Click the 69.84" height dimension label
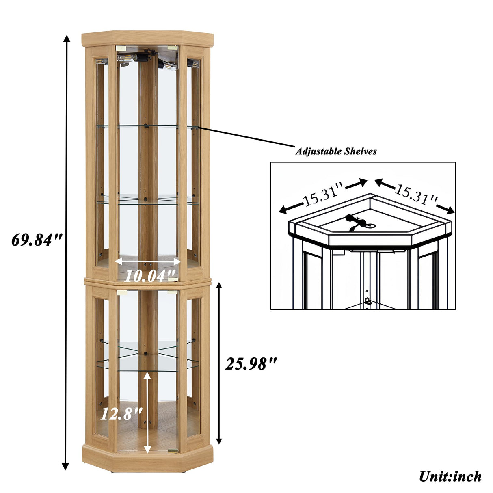tap(37, 240)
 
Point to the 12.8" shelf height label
tap(121, 413)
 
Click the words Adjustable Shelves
tap(336, 151)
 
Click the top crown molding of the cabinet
tap(147, 39)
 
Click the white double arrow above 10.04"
tap(148, 262)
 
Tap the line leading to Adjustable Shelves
tap(246, 137)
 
